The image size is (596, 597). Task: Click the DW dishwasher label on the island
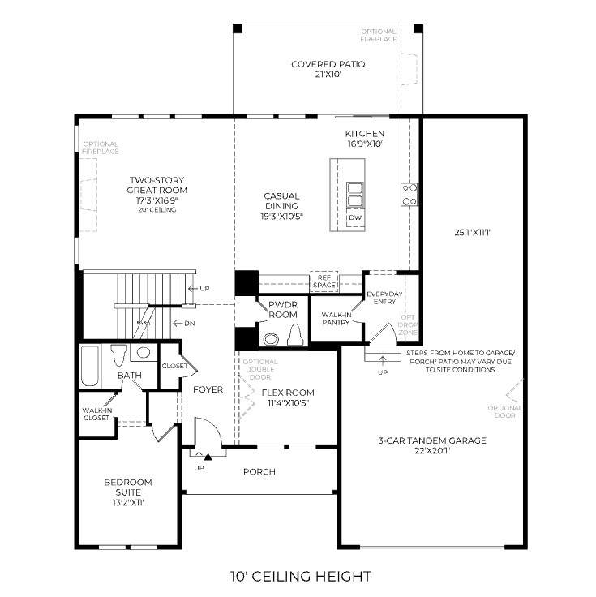click(x=355, y=217)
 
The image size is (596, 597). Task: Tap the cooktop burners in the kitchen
click(x=409, y=194)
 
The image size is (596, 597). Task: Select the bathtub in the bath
click(x=90, y=366)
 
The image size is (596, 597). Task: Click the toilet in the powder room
click(x=295, y=335)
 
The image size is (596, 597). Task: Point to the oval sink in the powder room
click(x=271, y=338)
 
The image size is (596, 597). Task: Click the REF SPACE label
click(x=324, y=281)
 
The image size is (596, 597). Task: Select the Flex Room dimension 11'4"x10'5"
click(x=288, y=403)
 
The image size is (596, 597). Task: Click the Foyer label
click(x=208, y=389)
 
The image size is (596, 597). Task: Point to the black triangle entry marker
click(x=208, y=457)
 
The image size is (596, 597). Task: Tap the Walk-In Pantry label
click(x=337, y=318)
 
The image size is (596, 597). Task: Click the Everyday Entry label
click(x=384, y=298)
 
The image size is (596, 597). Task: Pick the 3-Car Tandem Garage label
click(x=432, y=440)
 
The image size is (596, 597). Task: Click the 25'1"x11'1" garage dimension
click(x=473, y=232)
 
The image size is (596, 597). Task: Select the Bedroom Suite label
click(x=128, y=487)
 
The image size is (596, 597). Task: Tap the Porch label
click(x=259, y=472)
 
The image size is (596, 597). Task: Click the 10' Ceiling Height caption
click(x=301, y=577)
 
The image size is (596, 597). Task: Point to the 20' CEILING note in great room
click(x=157, y=210)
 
